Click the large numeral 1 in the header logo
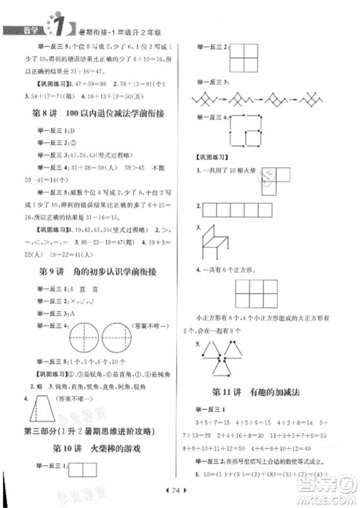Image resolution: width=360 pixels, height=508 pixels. pyautogui.click(x=54, y=27)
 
